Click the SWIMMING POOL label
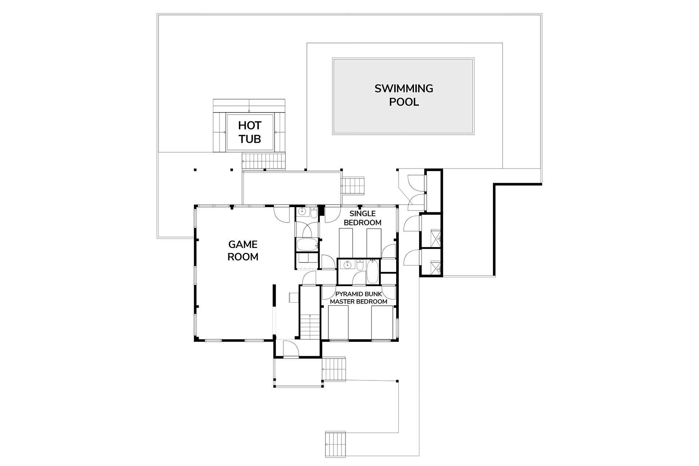click(404, 95)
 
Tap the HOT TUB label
click(250, 132)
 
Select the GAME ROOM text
click(243, 250)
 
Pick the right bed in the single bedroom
click(374, 243)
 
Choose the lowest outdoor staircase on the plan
click(335, 445)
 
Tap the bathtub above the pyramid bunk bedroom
click(372, 272)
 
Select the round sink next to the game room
click(302, 212)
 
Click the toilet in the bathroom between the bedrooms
click(360, 265)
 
